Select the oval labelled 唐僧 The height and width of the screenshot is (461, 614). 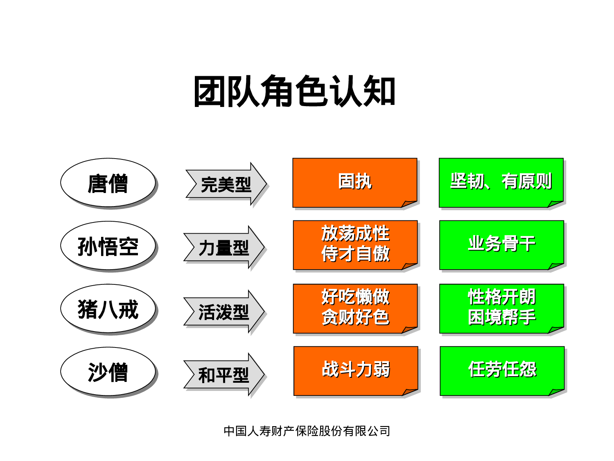(108, 183)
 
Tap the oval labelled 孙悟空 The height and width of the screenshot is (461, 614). (108, 246)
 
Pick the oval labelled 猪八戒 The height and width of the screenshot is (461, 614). (108, 309)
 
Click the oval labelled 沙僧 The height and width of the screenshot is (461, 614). (108, 372)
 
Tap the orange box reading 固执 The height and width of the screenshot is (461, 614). (354, 182)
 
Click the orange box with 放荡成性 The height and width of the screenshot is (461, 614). (355, 244)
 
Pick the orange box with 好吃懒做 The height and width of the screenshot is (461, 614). (355, 307)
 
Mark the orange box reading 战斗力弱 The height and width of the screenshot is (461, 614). (355, 370)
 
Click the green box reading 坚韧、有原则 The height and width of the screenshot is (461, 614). (501, 182)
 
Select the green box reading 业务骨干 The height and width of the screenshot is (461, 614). (501, 244)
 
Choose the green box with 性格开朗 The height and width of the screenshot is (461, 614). (501, 307)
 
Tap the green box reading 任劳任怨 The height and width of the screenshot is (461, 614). (502, 370)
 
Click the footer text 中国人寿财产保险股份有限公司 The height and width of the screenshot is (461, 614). (307, 431)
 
